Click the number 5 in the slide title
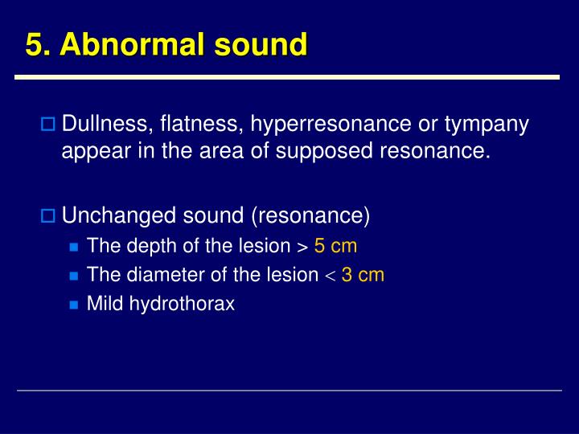(34, 45)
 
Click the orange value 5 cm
(335, 246)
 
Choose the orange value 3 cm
(363, 275)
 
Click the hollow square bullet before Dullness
(47, 125)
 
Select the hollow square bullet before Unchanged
(47, 215)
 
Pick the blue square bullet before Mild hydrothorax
(74, 305)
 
